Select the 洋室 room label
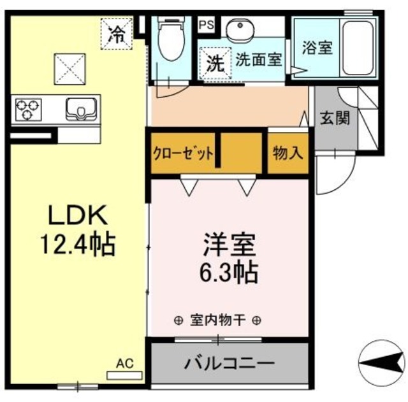coord(229,246)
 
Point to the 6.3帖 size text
coord(229,273)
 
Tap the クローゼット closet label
coord(182,154)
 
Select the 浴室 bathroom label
coord(317,48)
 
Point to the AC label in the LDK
coord(125,363)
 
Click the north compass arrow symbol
coord(381,365)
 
